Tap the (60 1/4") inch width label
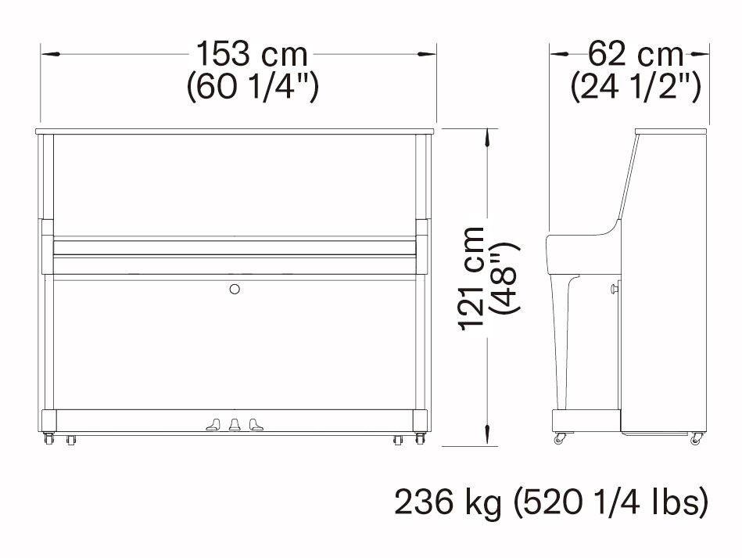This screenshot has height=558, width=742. coord(253,86)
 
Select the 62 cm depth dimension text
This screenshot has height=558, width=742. coord(636,54)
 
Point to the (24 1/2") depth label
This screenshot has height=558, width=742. coord(636,86)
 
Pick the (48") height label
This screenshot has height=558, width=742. coord(505,278)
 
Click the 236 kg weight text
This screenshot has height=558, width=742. coord(448,502)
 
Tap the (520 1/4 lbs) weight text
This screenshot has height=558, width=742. coord(611,502)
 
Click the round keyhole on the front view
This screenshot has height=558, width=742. coord(235,289)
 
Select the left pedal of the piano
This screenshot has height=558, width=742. coord(213,424)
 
